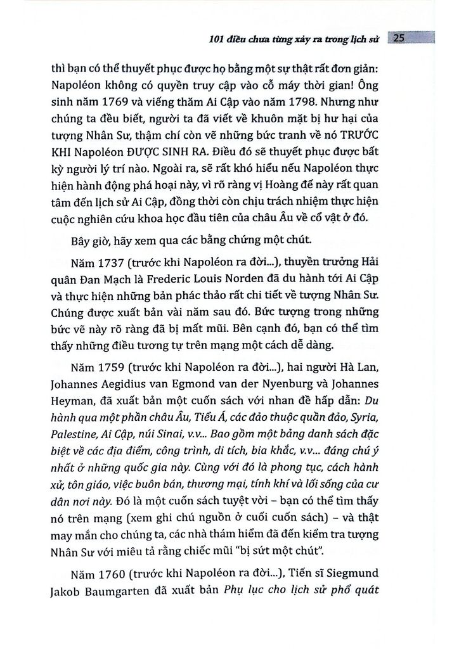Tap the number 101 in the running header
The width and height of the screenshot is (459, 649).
[219, 38]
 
